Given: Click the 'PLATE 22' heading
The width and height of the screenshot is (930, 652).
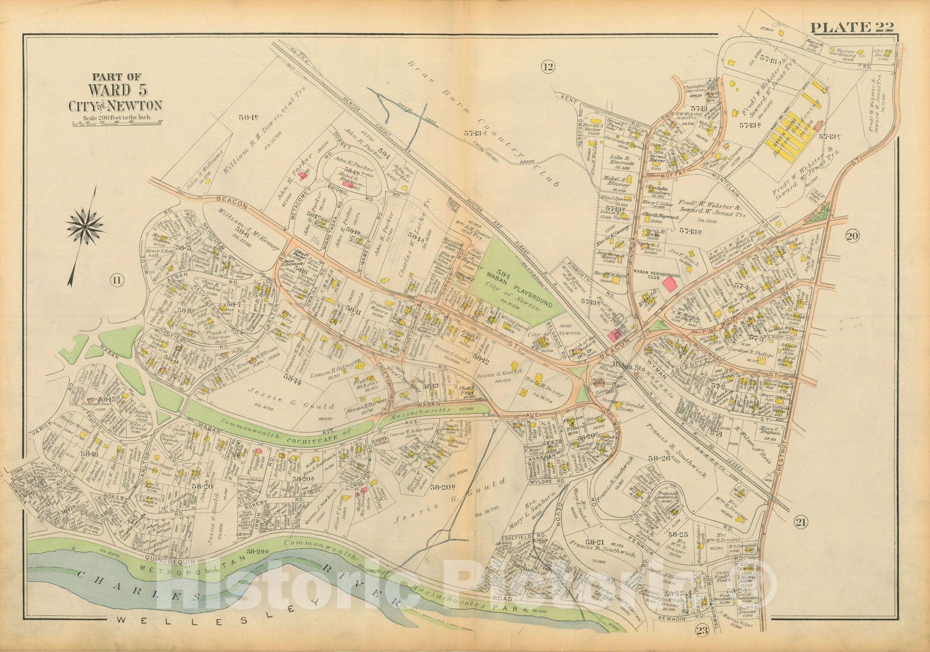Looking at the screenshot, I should [852, 27].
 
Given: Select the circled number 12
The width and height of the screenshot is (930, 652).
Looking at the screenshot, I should [547, 67].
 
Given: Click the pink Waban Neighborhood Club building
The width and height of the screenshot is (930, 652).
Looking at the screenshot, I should [669, 284].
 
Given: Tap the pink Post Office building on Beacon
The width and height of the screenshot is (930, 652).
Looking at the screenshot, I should [614, 335].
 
